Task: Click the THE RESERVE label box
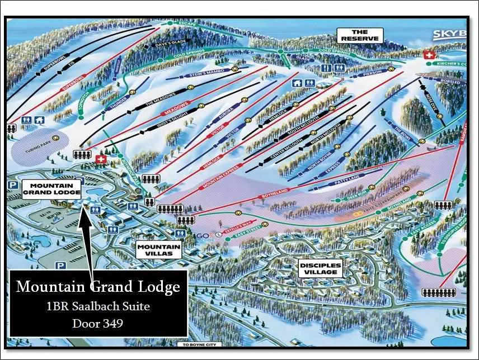click(359, 35)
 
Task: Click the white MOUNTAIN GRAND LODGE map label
click(48, 188)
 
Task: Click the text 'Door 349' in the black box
click(98, 323)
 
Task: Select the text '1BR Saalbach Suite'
click(98, 306)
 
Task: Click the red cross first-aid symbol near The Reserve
click(430, 56)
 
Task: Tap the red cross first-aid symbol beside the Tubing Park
click(101, 160)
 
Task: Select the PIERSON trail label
click(373, 73)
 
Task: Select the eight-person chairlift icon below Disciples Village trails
click(439, 292)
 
